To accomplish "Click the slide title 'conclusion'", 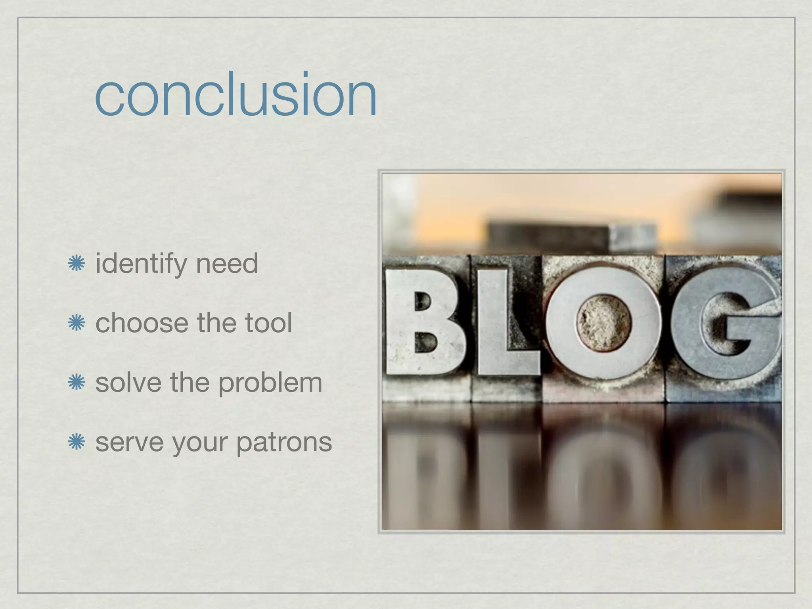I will click(236, 95).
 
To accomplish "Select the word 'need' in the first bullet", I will click(227, 264).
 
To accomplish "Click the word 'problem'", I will click(270, 384).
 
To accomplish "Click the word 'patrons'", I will click(284, 442).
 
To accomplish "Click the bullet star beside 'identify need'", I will click(76, 264).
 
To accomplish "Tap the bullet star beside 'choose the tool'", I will click(76, 323).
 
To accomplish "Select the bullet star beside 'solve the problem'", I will click(76, 383).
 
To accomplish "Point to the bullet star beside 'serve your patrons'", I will click(76, 442).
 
